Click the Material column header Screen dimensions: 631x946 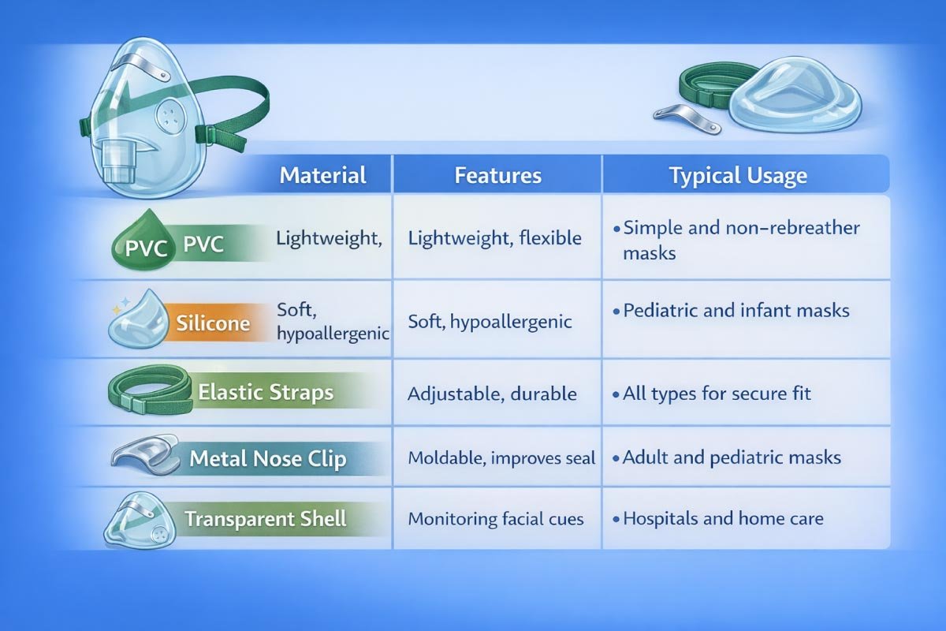click(323, 174)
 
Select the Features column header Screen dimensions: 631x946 click(497, 174)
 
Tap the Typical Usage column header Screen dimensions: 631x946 click(738, 174)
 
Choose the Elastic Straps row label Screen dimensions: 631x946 click(266, 392)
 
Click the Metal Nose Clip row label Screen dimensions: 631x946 click(268, 459)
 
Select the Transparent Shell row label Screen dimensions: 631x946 click(266, 519)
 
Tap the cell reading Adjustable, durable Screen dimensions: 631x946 click(492, 394)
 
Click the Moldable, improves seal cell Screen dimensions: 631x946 click(501, 457)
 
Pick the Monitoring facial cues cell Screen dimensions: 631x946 click(495, 519)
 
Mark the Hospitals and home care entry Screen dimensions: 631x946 click(722, 519)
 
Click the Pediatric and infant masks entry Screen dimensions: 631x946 click(736, 310)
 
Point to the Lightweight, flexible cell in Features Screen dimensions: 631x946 click(494, 237)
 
